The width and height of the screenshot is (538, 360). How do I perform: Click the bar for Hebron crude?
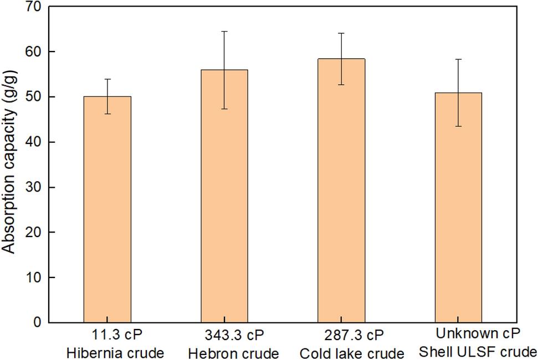coord(224,196)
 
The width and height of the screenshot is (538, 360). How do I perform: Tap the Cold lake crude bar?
coord(341,191)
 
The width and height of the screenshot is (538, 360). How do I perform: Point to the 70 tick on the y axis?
coord(34,7)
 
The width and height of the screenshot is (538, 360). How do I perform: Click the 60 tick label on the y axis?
coord(34,52)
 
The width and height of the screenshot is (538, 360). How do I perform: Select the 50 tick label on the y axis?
coord(34,97)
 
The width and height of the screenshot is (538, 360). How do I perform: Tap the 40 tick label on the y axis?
coord(34,142)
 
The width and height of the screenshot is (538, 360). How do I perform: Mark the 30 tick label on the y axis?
coord(34,187)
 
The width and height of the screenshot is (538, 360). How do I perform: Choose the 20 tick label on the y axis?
coord(34,233)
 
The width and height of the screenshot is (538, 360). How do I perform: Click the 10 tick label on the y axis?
coord(34,277)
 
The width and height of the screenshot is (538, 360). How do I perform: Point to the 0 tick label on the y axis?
coord(37,322)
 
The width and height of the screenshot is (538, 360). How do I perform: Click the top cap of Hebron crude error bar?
coord(224,32)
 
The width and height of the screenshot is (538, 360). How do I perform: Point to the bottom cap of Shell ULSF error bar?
coord(458,126)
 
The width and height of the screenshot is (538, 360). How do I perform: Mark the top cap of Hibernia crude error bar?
coord(107,79)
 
